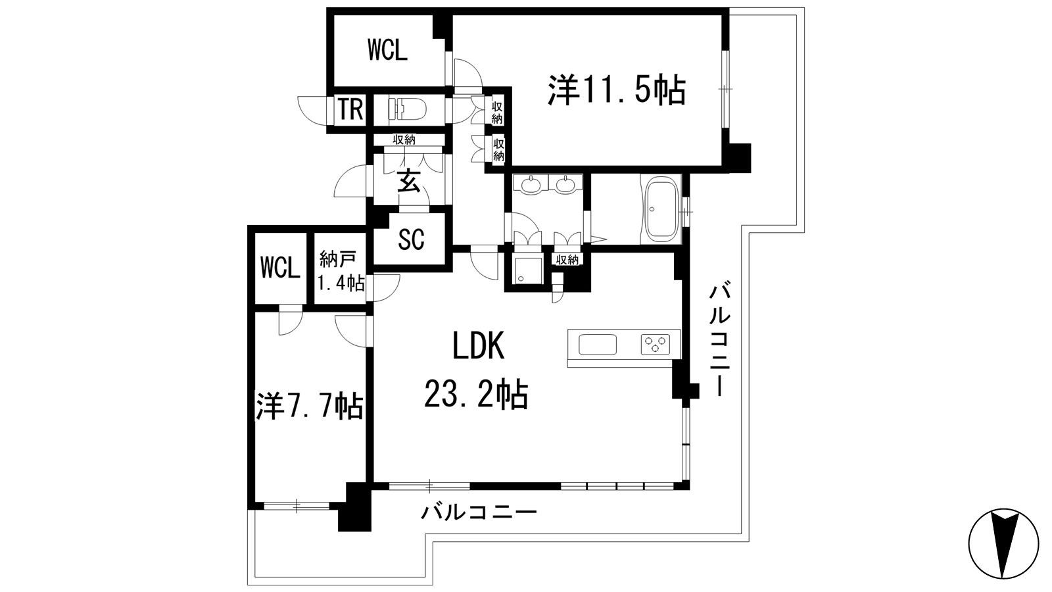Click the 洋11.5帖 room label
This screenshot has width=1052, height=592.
pyautogui.click(x=616, y=90)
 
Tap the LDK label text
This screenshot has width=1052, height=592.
pyautogui.click(x=478, y=345)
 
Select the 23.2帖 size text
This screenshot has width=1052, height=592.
pyautogui.click(x=476, y=393)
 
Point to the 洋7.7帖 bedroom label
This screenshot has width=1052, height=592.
pyautogui.click(x=310, y=406)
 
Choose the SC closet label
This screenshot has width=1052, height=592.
pyautogui.click(x=411, y=239)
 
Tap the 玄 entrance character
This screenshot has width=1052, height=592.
pyautogui.click(x=408, y=181)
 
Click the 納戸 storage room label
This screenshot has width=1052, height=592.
pyautogui.click(x=337, y=259)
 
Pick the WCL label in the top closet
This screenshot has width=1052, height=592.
pyautogui.click(x=387, y=50)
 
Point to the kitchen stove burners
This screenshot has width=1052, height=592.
pyautogui.click(x=655, y=344)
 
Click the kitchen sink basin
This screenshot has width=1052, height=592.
pyautogui.click(x=598, y=345)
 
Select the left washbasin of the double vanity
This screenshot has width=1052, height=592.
pyautogui.click(x=531, y=185)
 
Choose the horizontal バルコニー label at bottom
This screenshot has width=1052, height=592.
pyautogui.click(x=478, y=511)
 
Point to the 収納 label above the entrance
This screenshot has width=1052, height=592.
pyautogui.click(x=404, y=139)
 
